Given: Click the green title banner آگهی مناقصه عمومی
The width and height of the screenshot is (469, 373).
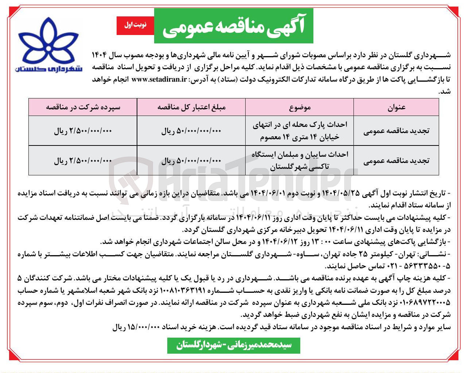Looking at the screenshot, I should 234,26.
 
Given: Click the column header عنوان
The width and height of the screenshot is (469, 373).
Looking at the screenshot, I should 396,107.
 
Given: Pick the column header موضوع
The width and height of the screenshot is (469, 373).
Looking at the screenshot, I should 300,107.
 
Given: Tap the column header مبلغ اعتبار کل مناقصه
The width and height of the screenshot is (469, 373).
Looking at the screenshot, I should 191,107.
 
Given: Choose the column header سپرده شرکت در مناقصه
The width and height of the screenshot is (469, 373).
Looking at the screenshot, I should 83,107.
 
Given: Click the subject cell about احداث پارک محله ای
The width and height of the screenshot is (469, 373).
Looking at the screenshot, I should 300,131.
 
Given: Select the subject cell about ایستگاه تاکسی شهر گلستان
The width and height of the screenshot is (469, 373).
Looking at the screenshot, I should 300,160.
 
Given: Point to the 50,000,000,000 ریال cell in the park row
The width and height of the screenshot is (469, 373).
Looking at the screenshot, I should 191,131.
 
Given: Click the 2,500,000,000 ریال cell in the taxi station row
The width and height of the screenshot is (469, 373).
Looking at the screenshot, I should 83,161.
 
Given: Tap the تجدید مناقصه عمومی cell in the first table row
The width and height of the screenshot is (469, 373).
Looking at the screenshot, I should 396,131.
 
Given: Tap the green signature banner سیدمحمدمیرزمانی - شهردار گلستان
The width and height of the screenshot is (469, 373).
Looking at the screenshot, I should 234,345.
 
